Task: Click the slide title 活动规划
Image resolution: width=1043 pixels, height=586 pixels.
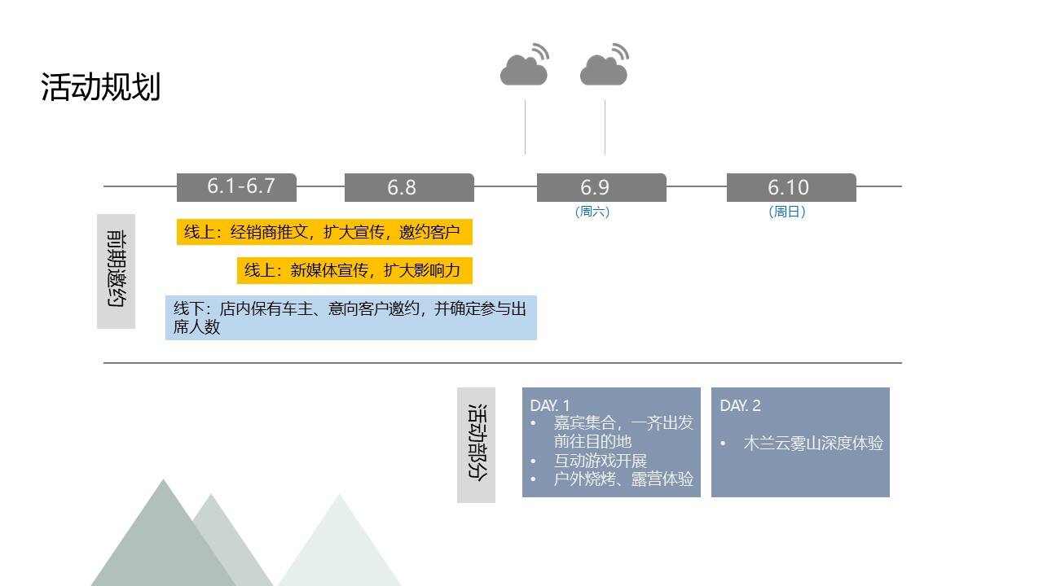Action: (100, 86)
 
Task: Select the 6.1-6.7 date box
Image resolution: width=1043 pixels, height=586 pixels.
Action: (236, 187)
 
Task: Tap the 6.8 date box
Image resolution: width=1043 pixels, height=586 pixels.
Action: (409, 187)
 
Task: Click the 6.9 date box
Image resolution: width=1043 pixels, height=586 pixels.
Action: (601, 187)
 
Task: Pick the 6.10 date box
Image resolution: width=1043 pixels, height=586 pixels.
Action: (791, 187)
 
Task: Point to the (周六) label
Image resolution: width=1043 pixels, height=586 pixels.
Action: (592, 212)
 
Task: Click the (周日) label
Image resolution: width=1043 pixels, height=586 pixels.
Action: (787, 212)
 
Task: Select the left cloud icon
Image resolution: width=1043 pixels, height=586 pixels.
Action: (525, 64)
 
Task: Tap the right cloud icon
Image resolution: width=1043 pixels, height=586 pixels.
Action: (605, 64)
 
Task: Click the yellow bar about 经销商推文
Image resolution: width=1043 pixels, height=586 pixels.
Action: (324, 232)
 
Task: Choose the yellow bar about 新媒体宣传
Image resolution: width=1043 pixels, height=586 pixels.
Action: (354, 270)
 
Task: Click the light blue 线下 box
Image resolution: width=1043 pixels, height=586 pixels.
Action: (351, 317)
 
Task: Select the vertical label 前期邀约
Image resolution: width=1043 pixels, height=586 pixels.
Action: (116, 271)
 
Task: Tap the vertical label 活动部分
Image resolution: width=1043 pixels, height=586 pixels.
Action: (477, 444)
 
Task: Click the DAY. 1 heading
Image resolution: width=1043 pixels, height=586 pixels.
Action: (550, 405)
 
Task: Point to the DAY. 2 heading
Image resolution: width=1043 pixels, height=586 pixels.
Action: (741, 405)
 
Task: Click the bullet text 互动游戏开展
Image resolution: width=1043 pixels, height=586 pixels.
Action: (601, 461)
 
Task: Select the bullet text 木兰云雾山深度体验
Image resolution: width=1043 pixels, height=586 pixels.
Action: (813, 444)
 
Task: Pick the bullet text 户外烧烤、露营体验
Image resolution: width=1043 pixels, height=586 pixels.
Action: (623, 479)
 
